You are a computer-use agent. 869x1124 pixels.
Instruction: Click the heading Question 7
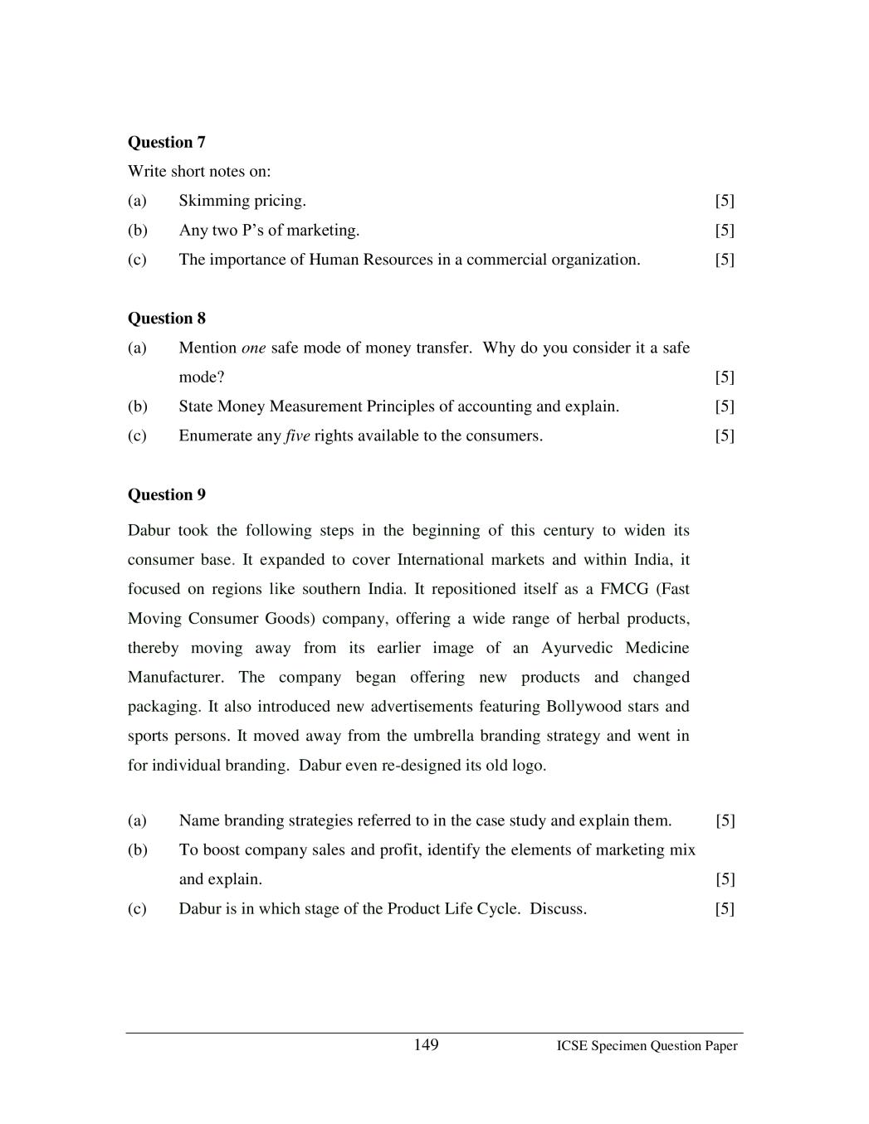click(x=166, y=142)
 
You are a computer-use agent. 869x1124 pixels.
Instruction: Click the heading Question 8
click(x=166, y=319)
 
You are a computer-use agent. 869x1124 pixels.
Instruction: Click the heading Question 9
click(x=166, y=495)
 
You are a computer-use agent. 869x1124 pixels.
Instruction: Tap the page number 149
click(x=426, y=1045)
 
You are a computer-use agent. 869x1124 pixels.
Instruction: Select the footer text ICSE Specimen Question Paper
click(x=647, y=1046)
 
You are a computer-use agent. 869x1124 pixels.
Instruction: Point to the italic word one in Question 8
click(x=253, y=348)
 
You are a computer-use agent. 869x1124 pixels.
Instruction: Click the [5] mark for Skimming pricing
click(x=725, y=201)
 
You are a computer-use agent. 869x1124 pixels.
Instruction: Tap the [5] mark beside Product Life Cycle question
click(x=725, y=909)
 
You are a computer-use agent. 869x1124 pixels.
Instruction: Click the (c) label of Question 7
click(x=137, y=260)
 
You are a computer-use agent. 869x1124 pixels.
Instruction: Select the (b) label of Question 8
click(x=137, y=406)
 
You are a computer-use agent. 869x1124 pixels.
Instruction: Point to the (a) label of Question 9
click(x=137, y=820)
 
